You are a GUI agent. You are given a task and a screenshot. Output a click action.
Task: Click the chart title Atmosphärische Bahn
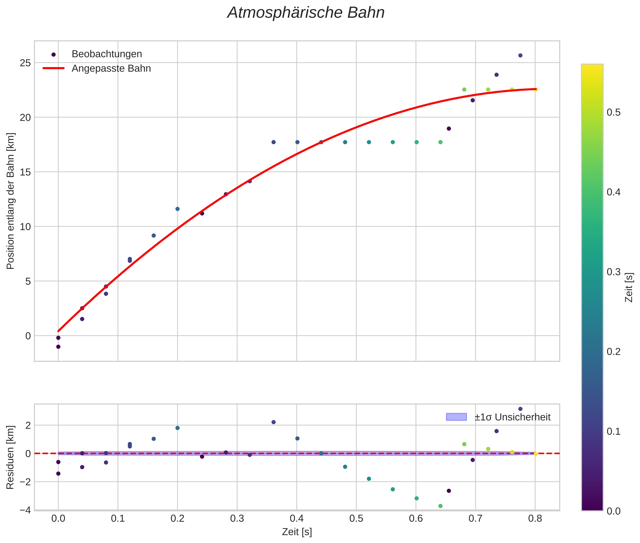[306, 13]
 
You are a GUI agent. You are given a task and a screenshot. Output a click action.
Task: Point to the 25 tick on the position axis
[25, 63]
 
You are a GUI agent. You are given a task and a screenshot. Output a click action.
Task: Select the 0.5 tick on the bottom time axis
[356, 518]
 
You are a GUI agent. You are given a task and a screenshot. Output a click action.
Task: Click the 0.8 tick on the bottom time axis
[535, 518]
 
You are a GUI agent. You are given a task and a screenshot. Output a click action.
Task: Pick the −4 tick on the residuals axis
[25, 510]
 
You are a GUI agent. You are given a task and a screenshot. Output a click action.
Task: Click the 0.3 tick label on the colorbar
[613, 272]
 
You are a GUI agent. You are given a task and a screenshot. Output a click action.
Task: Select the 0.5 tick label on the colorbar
[613, 112]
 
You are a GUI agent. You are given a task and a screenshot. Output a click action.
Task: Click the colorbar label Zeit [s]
[629, 287]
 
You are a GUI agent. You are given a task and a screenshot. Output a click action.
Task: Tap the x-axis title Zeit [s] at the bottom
[297, 532]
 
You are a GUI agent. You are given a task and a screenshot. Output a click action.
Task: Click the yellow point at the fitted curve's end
[536, 90]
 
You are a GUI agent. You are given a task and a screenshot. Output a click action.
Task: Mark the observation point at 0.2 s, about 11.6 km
[178, 209]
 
